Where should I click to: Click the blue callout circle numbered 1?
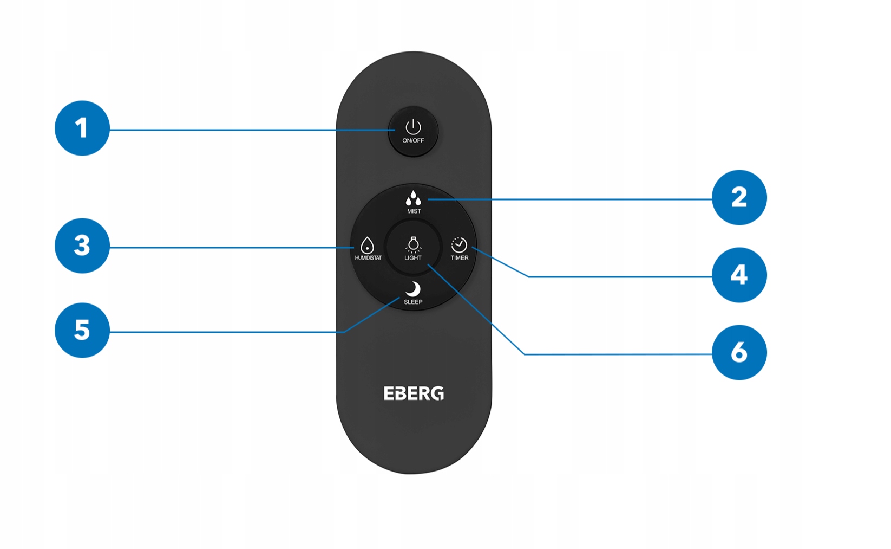(x=82, y=128)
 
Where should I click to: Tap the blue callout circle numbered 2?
(x=739, y=197)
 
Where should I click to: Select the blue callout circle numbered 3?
(x=82, y=246)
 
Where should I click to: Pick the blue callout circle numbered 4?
(x=739, y=275)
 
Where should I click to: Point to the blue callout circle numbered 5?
(x=82, y=330)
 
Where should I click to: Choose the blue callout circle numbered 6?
(x=739, y=352)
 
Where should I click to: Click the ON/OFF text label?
(x=413, y=140)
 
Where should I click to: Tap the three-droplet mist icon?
(x=413, y=198)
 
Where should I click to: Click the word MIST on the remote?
(x=414, y=211)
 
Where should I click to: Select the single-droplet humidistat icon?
(x=367, y=246)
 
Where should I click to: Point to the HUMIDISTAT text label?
(x=368, y=258)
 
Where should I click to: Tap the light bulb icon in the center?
(x=413, y=244)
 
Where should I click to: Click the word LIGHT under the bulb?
(x=413, y=258)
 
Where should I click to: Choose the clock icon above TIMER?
(x=459, y=245)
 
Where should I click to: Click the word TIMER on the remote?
(x=460, y=258)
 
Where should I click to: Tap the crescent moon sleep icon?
(x=414, y=289)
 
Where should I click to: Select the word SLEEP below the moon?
(x=413, y=302)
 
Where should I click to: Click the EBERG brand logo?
(x=414, y=393)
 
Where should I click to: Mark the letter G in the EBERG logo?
(x=437, y=393)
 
